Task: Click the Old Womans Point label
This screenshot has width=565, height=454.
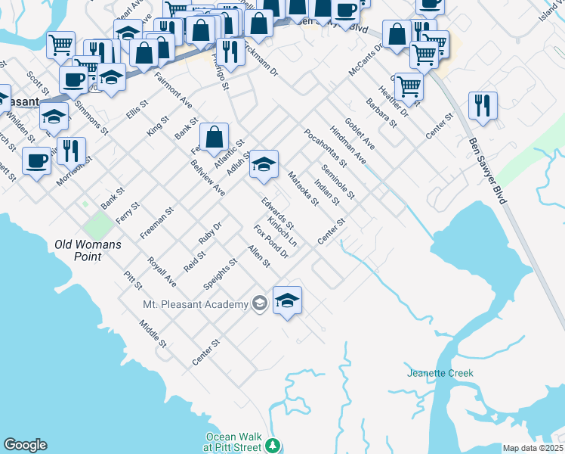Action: (88, 250)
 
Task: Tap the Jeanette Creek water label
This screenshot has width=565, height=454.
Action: (440, 373)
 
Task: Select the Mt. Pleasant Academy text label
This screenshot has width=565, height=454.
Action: (195, 304)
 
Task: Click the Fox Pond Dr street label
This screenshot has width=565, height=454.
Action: (271, 241)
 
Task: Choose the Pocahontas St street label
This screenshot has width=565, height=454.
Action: (325, 147)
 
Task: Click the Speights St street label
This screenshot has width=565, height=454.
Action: (221, 274)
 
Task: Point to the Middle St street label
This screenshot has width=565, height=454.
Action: (153, 334)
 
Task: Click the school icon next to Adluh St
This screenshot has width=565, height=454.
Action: (264, 163)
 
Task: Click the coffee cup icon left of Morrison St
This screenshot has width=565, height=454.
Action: (37, 160)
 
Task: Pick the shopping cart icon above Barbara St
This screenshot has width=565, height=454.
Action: (408, 86)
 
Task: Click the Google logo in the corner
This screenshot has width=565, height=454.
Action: (25, 445)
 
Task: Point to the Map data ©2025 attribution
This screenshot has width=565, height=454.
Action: (533, 448)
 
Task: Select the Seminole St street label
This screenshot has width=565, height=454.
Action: (338, 182)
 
